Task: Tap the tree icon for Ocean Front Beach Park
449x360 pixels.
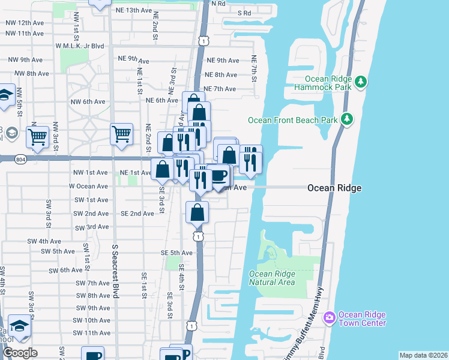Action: [x=346, y=119]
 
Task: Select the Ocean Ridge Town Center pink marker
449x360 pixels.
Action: [x=329, y=317]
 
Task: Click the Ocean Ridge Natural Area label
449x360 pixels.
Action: [x=271, y=278]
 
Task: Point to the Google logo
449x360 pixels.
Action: [x=20, y=353]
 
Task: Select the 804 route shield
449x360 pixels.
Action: [x=20, y=158]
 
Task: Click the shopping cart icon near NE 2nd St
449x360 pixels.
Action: [x=121, y=134]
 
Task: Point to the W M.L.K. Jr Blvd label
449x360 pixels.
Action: [x=79, y=46]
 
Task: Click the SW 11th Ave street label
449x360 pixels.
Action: [x=92, y=332]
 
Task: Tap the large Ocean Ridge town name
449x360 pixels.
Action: [x=334, y=188]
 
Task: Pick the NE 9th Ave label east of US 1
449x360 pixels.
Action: [x=222, y=61]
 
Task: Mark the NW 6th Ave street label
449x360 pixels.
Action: [x=86, y=101]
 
